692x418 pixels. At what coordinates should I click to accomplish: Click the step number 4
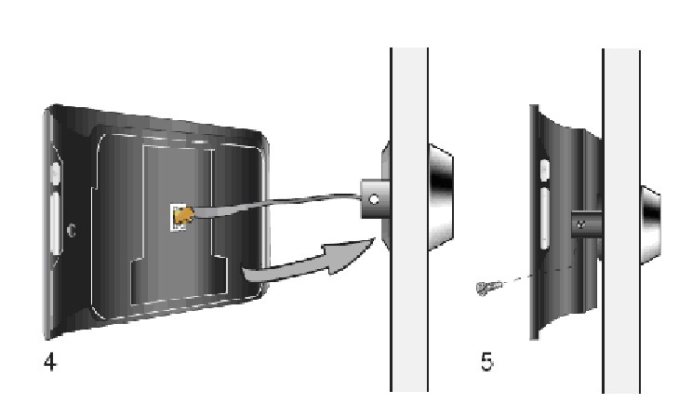50,362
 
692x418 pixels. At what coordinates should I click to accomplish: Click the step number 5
486,361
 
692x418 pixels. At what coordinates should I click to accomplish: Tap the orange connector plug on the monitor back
184,216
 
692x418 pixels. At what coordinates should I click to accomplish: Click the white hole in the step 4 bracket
374,200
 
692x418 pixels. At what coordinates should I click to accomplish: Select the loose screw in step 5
489,288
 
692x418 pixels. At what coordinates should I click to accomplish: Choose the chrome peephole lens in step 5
650,225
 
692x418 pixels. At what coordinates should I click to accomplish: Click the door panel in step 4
409,220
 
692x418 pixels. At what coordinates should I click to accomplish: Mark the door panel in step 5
621,221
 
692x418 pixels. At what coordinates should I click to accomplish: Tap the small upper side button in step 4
55,173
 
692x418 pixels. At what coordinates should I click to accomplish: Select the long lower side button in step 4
55,223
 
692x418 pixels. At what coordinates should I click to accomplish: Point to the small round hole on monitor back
71,230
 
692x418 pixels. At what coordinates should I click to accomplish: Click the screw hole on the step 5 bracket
580,224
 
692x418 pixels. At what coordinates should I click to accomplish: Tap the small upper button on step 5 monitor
545,170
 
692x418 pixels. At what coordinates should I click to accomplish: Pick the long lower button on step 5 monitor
545,219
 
